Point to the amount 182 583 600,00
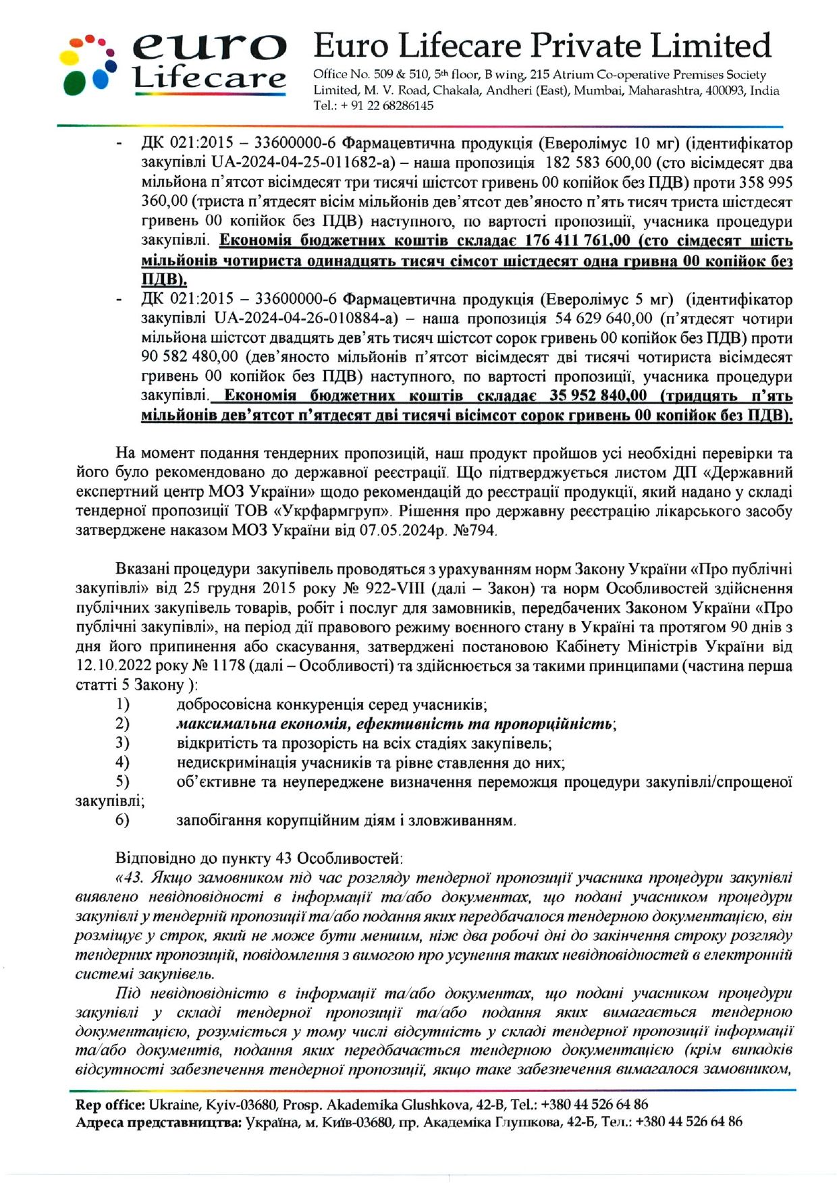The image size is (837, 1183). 598,163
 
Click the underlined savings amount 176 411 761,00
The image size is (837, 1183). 577,241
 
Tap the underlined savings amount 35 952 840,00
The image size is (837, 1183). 597,396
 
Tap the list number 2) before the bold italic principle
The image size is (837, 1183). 122,724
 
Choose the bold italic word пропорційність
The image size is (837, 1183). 552,724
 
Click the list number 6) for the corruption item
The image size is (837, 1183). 122,821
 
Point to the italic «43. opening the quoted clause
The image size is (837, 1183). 130,878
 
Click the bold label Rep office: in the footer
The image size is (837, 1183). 110,1105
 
